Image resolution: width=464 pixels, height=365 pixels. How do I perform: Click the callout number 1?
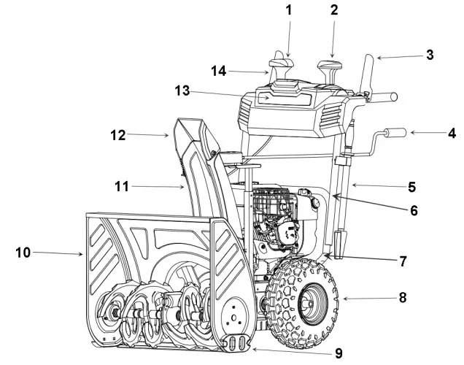[287, 11]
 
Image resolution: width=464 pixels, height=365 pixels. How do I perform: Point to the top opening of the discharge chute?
[193, 129]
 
